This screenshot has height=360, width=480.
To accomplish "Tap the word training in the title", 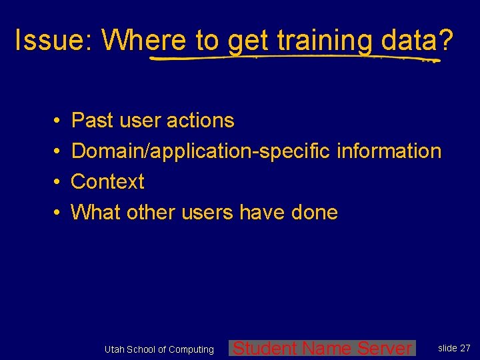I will [325, 41].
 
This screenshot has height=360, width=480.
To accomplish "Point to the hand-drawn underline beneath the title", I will [293, 59].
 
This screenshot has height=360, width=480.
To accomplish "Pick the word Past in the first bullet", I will [92, 121].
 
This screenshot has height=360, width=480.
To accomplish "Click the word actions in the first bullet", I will [200, 121].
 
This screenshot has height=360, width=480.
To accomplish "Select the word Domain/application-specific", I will [201, 151].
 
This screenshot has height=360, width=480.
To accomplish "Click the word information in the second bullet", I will [389, 151].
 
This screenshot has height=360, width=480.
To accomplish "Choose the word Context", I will [107, 182].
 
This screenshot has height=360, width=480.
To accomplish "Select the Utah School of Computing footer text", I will [159, 349].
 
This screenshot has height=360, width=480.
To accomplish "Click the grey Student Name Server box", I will [323, 348].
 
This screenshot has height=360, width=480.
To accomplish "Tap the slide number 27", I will [465, 348].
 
